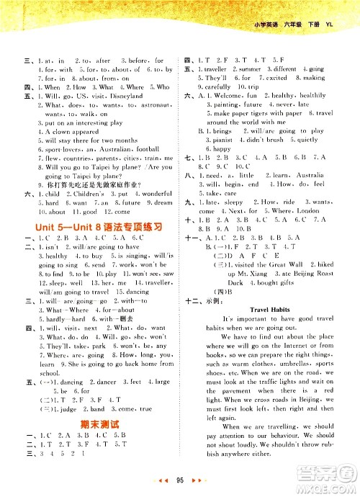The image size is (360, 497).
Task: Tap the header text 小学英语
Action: click(271, 27)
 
